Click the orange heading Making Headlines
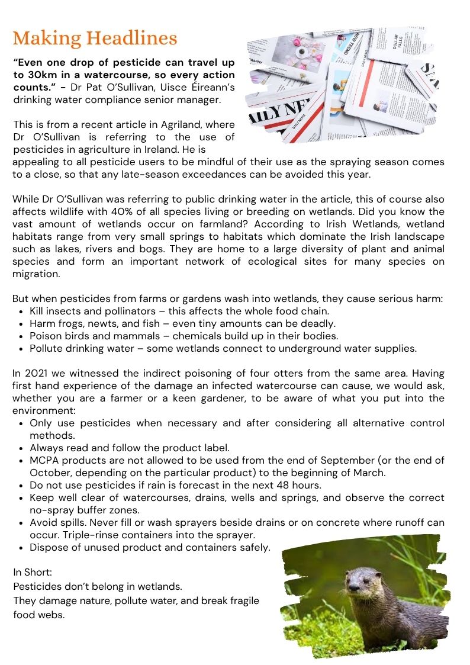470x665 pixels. click(95, 38)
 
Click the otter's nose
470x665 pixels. click(353, 587)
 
